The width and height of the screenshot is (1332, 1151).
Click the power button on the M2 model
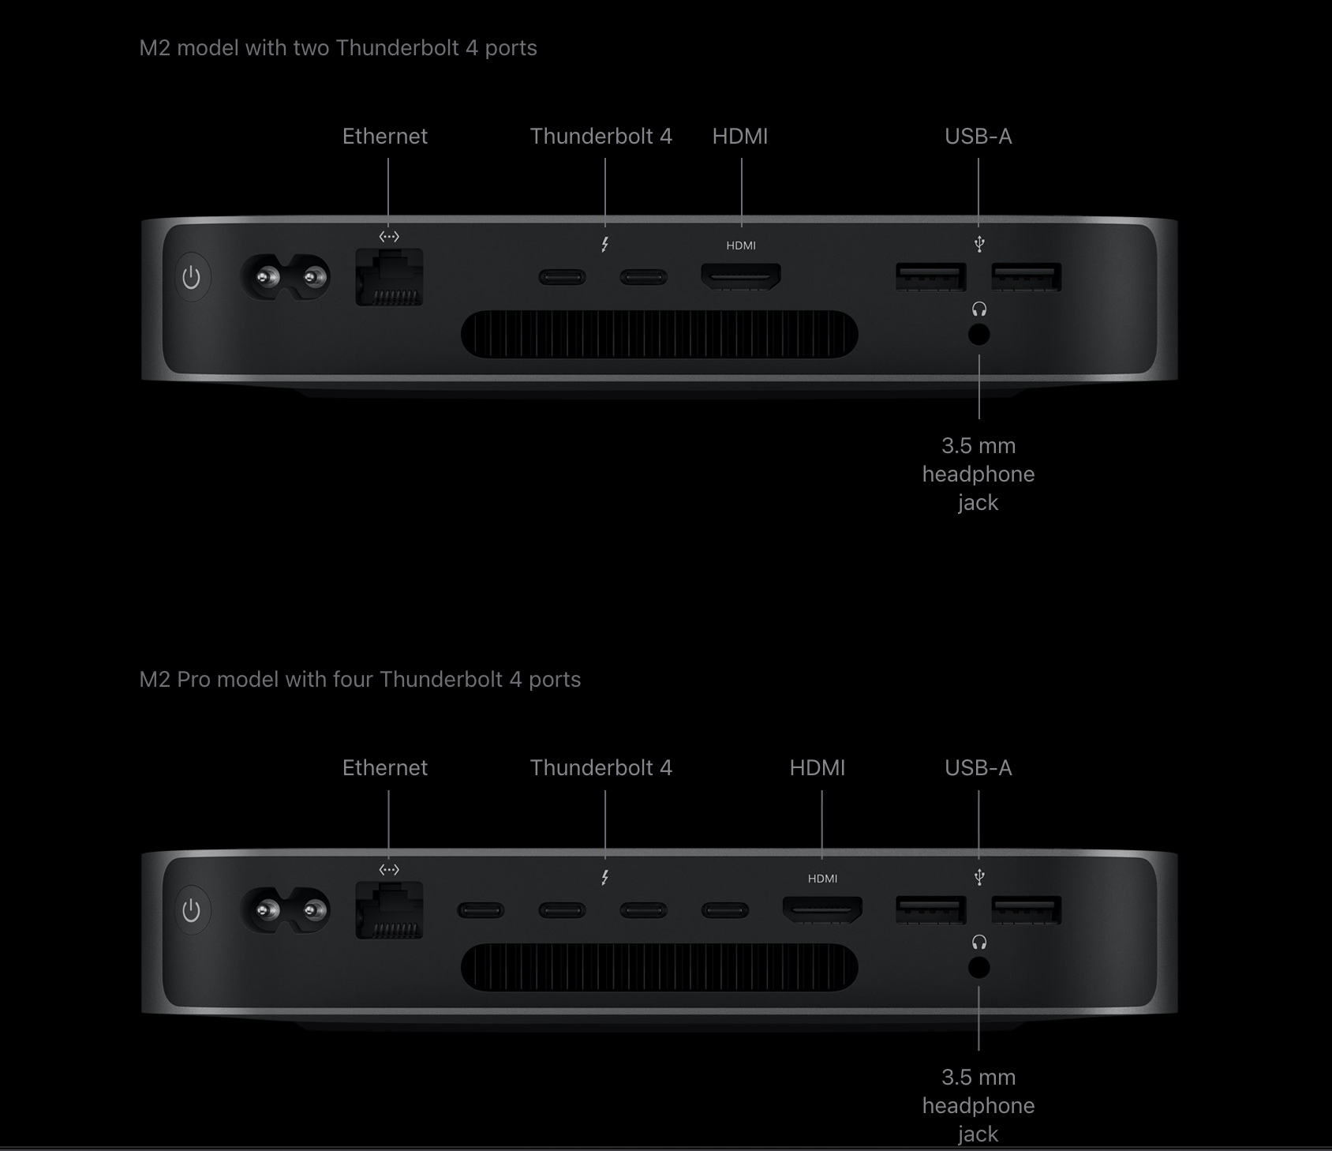(x=192, y=277)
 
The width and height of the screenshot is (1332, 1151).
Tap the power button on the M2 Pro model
(x=192, y=910)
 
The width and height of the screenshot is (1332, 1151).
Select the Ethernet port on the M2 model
(x=389, y=277)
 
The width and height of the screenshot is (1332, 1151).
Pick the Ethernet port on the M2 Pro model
(x=389, y=910)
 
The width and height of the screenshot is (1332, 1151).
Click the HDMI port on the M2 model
(x=741, y=276)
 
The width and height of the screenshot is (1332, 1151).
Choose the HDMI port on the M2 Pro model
(x=822, y=909)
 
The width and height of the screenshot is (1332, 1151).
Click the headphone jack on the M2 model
(x=978, y=335)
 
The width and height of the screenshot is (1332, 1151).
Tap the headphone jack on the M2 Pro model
(x=978, y=968)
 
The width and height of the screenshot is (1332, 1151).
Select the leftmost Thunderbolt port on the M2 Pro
(x=481, y=910)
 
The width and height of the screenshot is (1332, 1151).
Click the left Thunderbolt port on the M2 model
(x=562, y=277)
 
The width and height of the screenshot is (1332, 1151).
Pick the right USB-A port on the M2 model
(x=1027, y=277)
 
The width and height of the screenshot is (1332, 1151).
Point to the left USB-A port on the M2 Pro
(x=931, y=910)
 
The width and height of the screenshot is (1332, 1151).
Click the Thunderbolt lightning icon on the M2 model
(x=604, y=245)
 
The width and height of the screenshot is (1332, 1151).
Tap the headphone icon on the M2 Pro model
(x=979, y=942)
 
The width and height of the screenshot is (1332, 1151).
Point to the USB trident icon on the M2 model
(x=979, y=243)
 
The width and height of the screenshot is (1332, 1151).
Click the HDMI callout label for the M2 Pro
(x=818, y=767)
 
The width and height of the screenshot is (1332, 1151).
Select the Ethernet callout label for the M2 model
(x=385, y=136)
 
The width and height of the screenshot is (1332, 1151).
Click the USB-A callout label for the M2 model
(x=978, y=136)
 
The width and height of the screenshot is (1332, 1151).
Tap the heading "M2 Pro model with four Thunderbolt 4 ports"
(x=360, y=679)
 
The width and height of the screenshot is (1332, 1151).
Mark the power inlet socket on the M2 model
(x=285, y=277)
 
